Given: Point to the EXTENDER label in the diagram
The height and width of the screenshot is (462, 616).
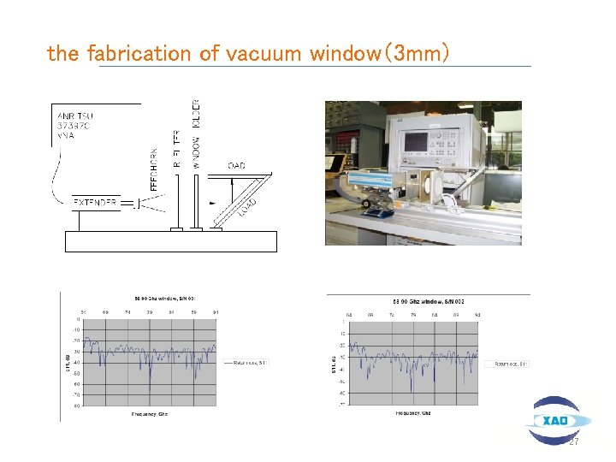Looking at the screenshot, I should pyautogui.click(x=94, y=203).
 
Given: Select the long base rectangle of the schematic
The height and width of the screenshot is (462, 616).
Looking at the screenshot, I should pyautogui.click(x=171, y=241).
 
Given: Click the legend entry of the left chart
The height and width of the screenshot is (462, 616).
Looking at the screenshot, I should pyautogui.click(x=246, y=362).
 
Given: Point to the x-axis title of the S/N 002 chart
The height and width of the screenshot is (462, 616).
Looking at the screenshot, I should pyautogui.click(x=412, y=414).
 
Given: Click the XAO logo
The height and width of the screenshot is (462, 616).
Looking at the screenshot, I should pyautogui.click(x=557, y=420).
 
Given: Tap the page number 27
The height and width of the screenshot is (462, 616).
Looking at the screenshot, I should pyautogui.click(x=575, y=441).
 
